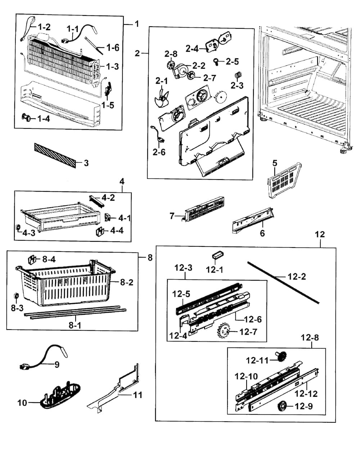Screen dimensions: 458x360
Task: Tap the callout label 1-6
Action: pyautogui.click(x=113, y=47)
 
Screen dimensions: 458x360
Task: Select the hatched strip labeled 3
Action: pyautogui.click(x=56, y=155)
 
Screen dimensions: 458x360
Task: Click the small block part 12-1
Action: pyautogui.click(x=217, y=255)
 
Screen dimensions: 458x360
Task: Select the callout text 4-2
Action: pyautogui.click(x=108, y=197)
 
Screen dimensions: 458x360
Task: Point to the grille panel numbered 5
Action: pyautogui.click(x=284, y=183)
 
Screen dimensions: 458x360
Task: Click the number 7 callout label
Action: pyautogui.click(x=172, y=216)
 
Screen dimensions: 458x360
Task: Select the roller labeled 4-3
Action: pyautogui.click(x=18, y=228)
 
